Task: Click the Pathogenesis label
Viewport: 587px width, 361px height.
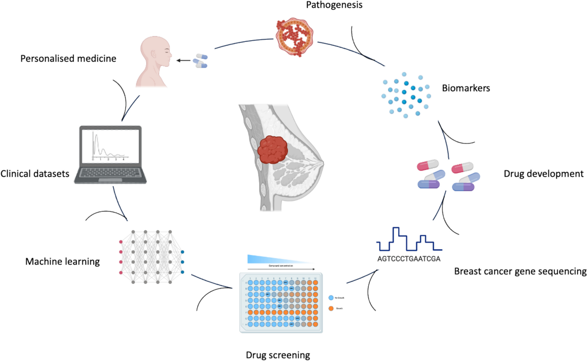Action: click(334, 5)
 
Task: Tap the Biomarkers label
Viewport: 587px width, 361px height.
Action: click(466, 88)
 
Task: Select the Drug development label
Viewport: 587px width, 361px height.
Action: click(543, 174)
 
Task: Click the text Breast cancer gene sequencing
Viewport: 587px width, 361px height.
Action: click(520, 271)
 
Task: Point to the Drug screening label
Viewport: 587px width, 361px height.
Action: click(278, 355)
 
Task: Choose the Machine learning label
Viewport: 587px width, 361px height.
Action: click(62, 261)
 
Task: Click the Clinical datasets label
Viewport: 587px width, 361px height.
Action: click(35, 174)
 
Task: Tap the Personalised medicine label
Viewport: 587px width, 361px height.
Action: click(68, 59)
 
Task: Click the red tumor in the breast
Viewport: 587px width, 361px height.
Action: click(272, 150)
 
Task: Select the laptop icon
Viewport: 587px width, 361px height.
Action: click(110, 154)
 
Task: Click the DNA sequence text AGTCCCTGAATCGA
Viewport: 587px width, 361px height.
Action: click(409, 259)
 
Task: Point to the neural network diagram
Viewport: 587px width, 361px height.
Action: click(152, 257)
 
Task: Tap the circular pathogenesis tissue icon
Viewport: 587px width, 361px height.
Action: click(294, 37)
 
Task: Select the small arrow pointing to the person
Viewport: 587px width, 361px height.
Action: click(183, 61)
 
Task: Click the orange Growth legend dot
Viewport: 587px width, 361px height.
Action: click(331, 308)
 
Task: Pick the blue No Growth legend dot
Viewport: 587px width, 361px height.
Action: click(331, 298)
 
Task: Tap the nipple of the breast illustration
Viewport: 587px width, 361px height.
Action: click(322, 163)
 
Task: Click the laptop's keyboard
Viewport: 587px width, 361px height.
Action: click(110, 173)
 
